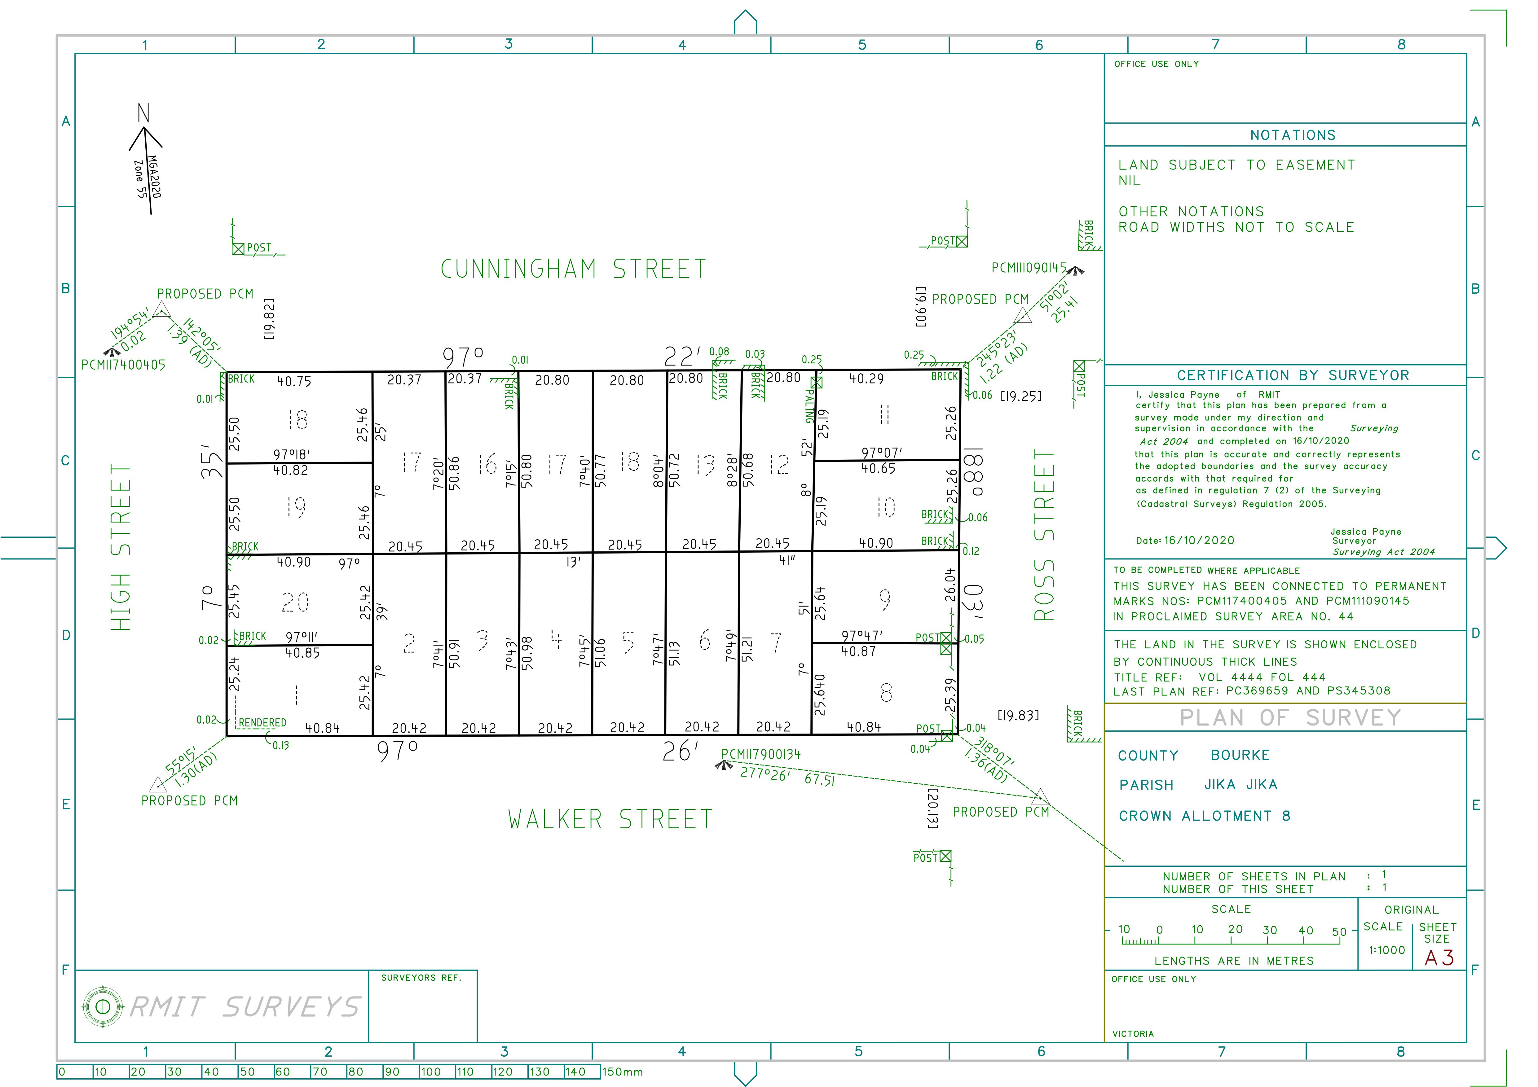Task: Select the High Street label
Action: pos(121,547)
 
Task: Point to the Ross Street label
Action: pos(1044,534)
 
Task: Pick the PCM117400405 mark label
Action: pos(123,365)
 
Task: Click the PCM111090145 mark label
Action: pos(1029,268)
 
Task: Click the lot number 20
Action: pos(295,602)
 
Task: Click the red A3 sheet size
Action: pos(1439,958)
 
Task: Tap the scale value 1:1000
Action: pos(1386,950)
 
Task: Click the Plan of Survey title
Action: pos(1290,717)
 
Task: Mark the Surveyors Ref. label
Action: pos(421,978)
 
